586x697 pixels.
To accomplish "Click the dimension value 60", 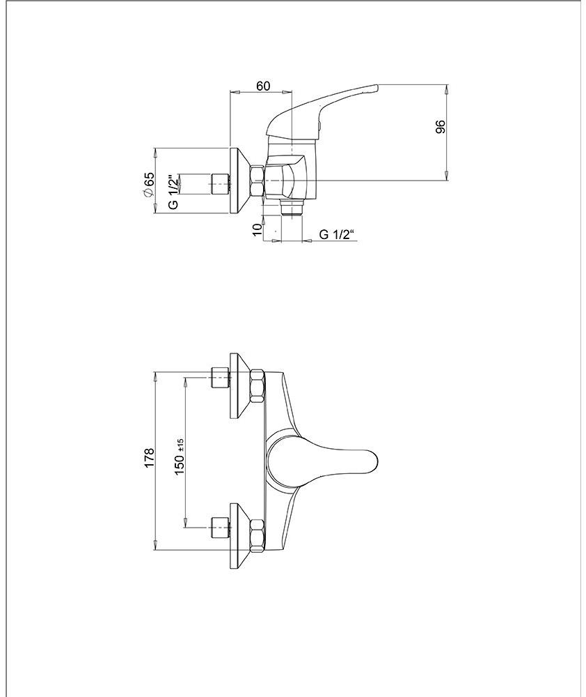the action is point(263,85).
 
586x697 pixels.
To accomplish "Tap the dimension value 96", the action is point(440,127).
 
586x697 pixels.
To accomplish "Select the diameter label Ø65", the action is point(148,184).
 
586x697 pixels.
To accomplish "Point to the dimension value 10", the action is point(257,230).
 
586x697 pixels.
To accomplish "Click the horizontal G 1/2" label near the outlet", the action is point(338,234).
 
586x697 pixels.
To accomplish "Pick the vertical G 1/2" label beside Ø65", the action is point(173,192).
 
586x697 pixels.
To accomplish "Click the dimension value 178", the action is point(149,457).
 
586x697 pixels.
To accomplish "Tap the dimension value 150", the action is point(180,464).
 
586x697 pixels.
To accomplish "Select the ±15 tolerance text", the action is point(180,445).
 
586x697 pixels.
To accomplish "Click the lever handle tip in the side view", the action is point(376,88).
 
